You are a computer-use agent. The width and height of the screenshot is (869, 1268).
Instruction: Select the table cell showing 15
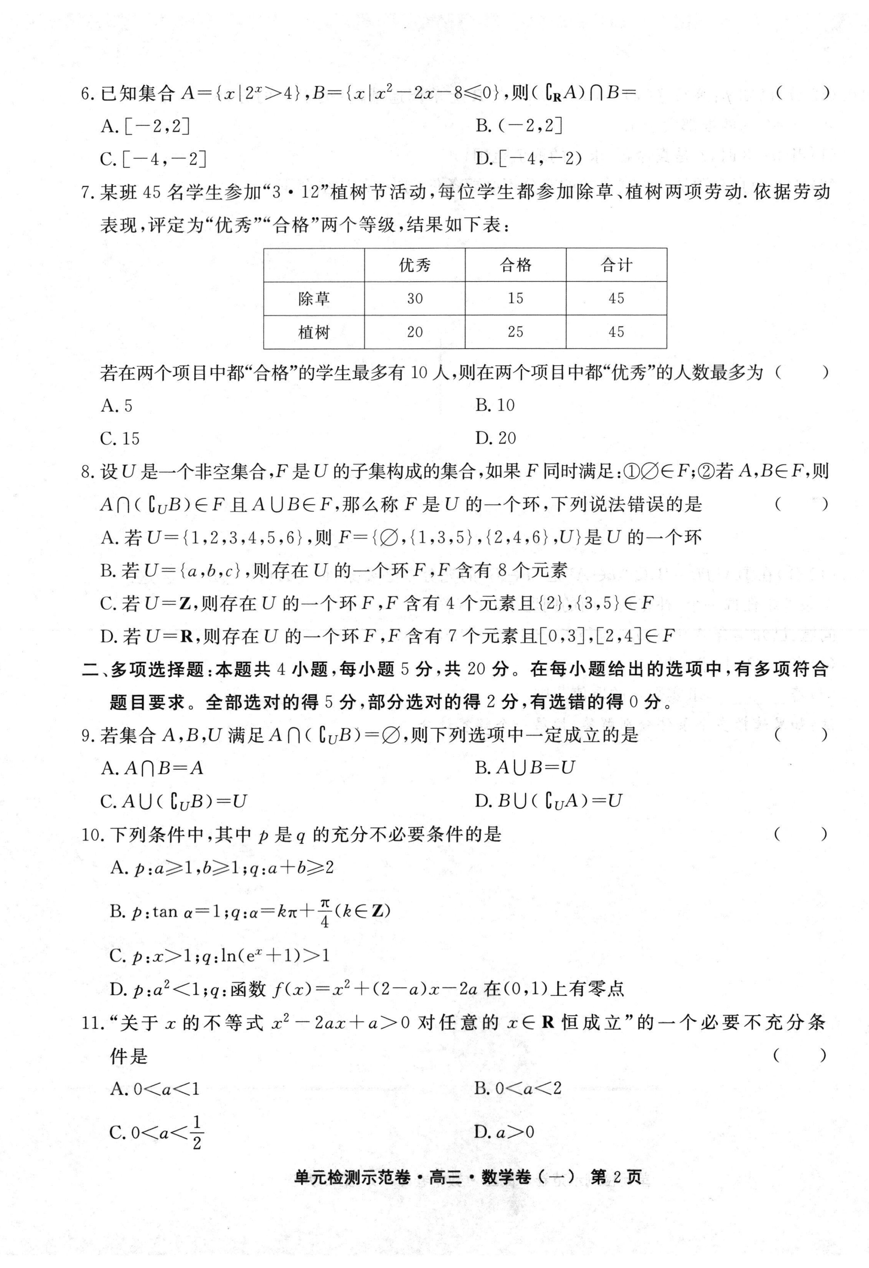click(x=515, y=298)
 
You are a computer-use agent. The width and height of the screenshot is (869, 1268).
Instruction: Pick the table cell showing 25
click(x=515, y=332)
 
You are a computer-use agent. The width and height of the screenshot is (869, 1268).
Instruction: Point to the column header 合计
click(x=616, y=265)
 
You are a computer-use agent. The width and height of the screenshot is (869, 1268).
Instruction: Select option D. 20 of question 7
click(x=495, y=438)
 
